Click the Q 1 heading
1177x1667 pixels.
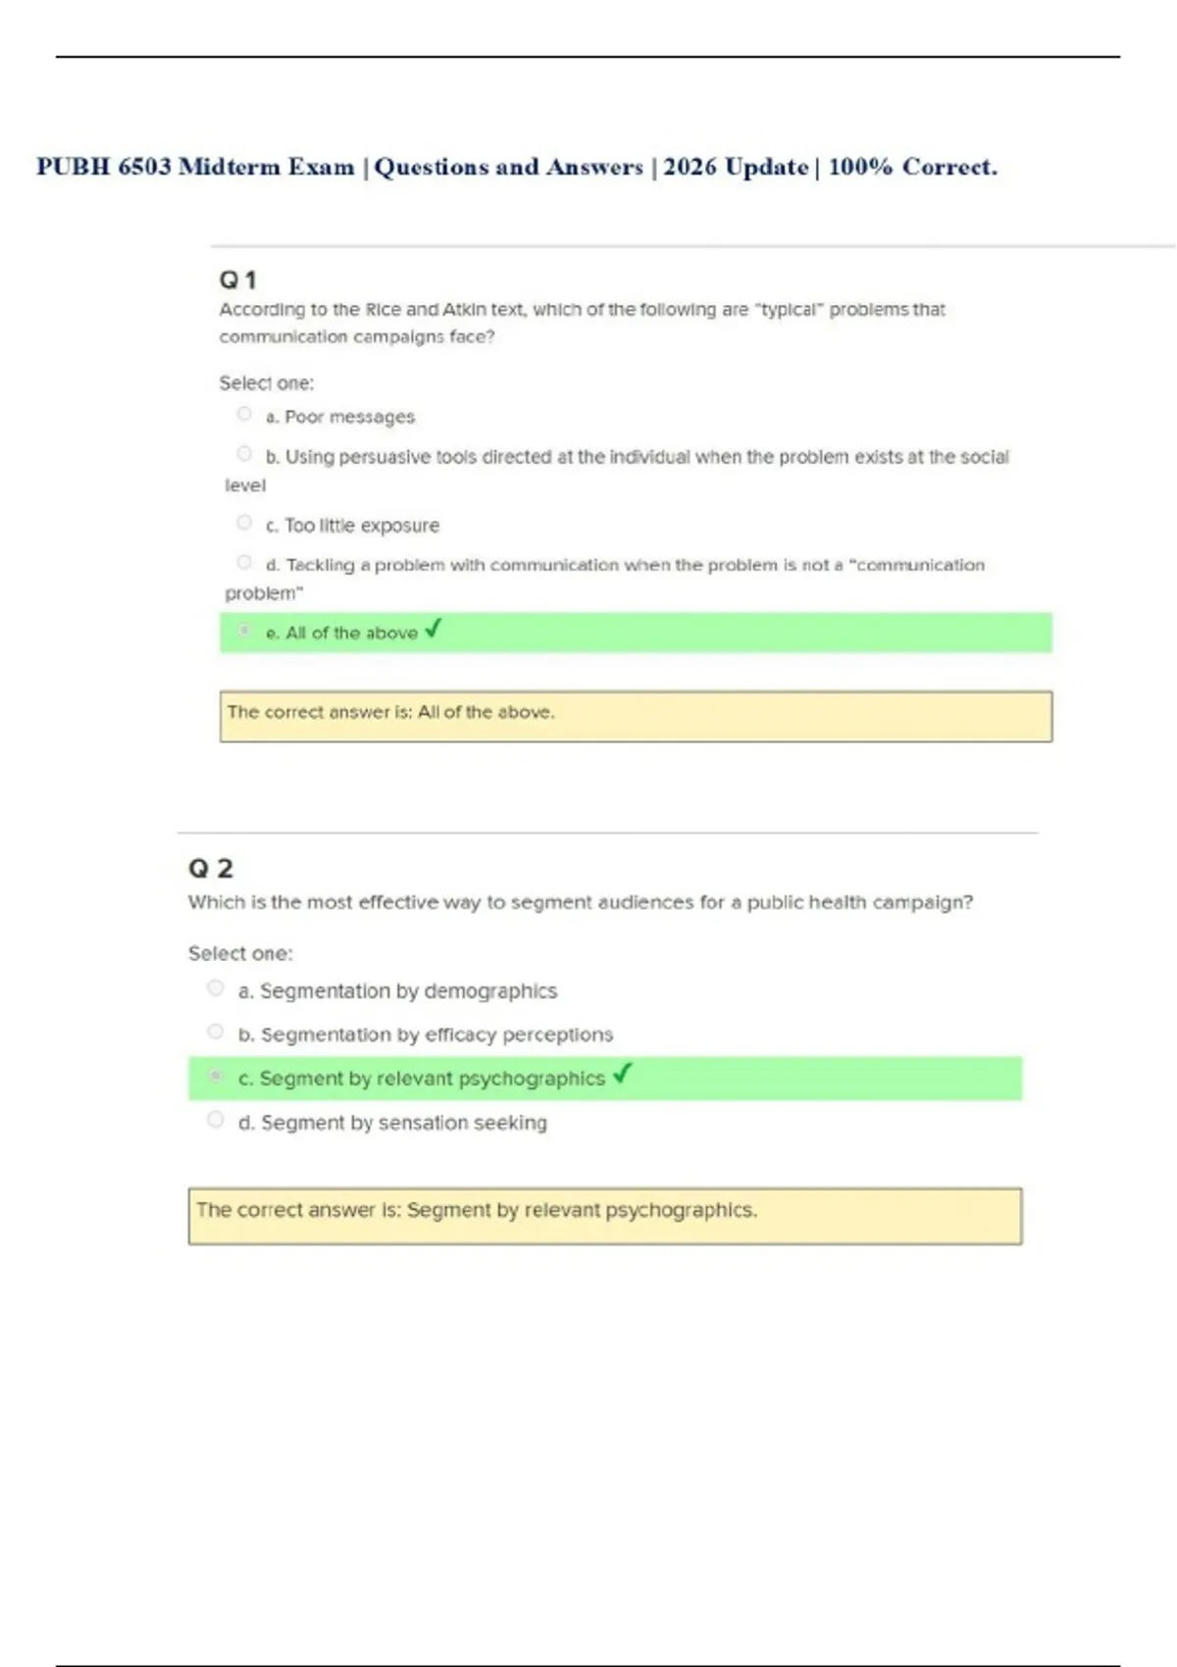click(x=237, y=280)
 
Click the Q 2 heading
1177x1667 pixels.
click(x=210, y=869)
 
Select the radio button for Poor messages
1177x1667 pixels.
click(x=244, y=415)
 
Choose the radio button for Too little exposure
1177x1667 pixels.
click(x=244, y=523)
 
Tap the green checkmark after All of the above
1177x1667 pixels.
click(x=434, y=629)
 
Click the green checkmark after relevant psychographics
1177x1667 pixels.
click(x=622, y=1075)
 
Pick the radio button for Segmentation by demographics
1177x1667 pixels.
click(x=216, y=988)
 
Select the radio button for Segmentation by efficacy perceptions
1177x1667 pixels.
click(x=216, y=1032)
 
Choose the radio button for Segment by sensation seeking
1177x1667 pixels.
click(x=216, y=1120)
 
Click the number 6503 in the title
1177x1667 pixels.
click(x=144, y=168)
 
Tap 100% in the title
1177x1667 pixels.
click(x=860, y=168)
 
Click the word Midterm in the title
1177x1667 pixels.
click(x=229, y=168)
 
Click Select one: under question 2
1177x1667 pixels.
click(x=240, y=953)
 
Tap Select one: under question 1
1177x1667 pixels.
click(x=267, y=383)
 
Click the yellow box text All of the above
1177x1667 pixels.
click(x=486, y=713)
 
